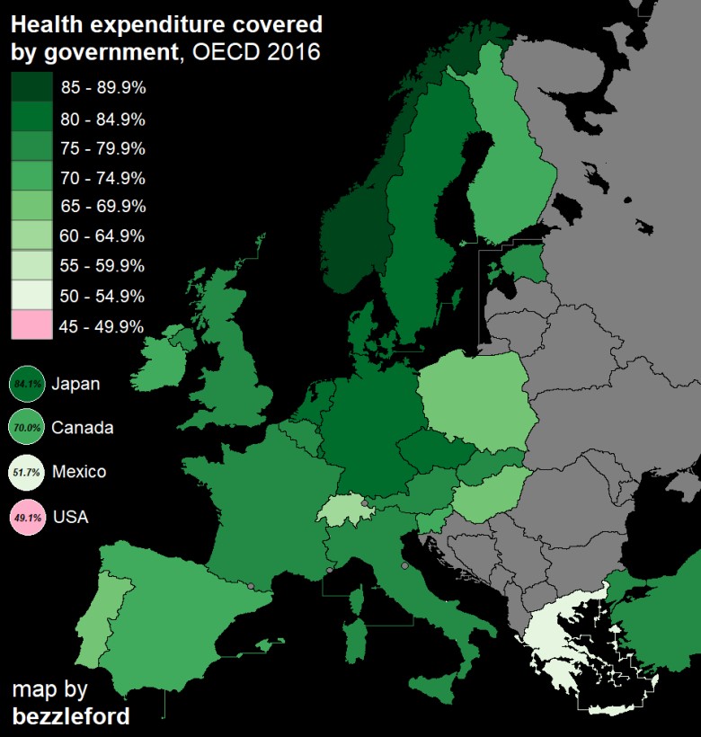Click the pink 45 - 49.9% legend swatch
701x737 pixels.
click(31, 325)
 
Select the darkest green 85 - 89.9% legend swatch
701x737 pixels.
click(31, 88)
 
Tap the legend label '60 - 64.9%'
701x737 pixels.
click(102, 236)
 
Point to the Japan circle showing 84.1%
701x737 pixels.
click(27, 385)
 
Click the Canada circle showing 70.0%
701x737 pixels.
click(27, 427)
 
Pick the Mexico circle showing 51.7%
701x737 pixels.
click(27, 472)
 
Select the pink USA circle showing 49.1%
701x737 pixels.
click(27, 517)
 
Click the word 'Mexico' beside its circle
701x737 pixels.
click(79, 472)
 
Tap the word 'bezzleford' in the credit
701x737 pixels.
click(70, 716)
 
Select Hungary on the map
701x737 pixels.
click(490, 499)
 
